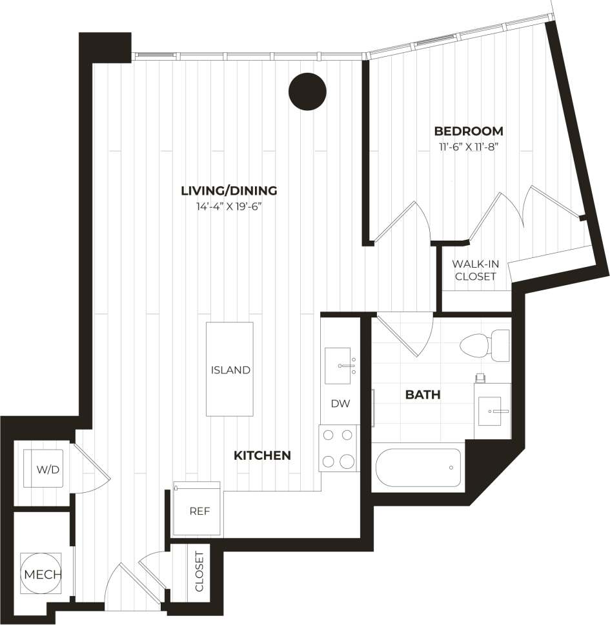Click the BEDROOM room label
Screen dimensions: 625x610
(x=468, y=131)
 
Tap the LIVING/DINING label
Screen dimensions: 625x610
(x=229, y=191)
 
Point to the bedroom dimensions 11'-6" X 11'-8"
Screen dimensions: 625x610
(x=468, y=146)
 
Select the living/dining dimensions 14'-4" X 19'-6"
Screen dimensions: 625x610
(x=229, y=206)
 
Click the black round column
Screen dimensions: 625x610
(x=307, y=92)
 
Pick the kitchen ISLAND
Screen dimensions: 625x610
(x=230, y=370)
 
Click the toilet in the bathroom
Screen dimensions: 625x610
(x=484, y=345)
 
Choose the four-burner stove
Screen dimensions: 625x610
(x=339, y=448)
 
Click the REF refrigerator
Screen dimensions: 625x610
(x=197, y=510)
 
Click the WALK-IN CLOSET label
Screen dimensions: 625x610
(x=475, y=270)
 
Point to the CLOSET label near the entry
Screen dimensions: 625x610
(x=199, y=571)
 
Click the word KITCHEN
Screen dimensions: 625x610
(x=262, y=455)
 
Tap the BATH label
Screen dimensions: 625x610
(x=423, y=394)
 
